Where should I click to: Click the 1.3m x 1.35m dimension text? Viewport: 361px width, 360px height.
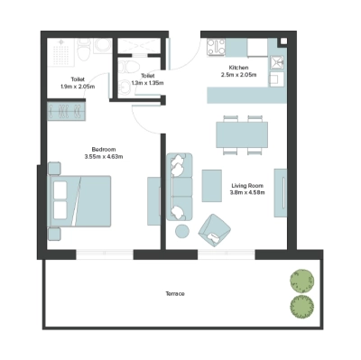[148, 83]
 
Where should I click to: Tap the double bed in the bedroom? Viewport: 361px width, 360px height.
[80, 199]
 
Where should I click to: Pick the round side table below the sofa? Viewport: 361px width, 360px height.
[182, 232]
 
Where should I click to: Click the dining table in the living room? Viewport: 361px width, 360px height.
[241, 134]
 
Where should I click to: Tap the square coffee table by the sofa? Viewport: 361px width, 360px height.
[212, 185]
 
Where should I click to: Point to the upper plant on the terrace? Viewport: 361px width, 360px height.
[299, 279]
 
